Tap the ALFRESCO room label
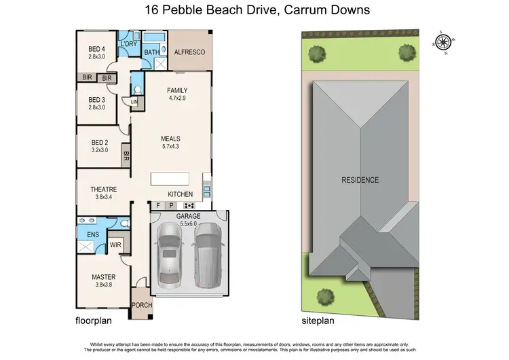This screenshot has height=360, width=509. point(189,52)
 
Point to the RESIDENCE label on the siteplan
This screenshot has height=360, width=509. point(360,180)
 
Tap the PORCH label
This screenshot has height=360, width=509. point(142,306)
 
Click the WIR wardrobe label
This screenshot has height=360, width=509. point(115,246)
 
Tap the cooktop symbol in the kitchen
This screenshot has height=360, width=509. point(189,205)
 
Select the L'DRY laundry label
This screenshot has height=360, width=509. point(129,44)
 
